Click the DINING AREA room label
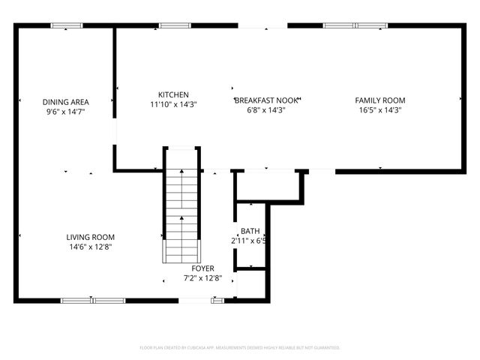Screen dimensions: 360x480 [x=66, y=101]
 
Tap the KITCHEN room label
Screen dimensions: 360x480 [x=172, y=95]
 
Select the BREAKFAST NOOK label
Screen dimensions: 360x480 [x=267, y=100]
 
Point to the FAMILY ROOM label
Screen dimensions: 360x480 [x=379, y=100]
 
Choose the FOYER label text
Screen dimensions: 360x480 [x=202, y=268]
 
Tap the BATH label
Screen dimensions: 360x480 [x=250, y=231]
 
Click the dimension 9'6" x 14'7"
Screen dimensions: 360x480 [x=66, y=111]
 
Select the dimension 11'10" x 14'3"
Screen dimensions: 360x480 [x=172, y=105]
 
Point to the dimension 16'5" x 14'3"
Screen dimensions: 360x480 [x=379, y=110]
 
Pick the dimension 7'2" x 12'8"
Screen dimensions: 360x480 [x=202, y=278]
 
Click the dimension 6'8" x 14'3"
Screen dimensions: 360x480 [x=267, y=110]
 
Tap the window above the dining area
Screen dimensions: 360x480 [x=66, y=26]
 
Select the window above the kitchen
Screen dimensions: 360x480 [x=174, y=25]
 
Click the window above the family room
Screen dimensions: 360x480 [x=355, y=25]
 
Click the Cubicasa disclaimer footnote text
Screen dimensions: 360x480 [x=240, y=348]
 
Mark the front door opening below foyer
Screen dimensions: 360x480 [x=195, y=301]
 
